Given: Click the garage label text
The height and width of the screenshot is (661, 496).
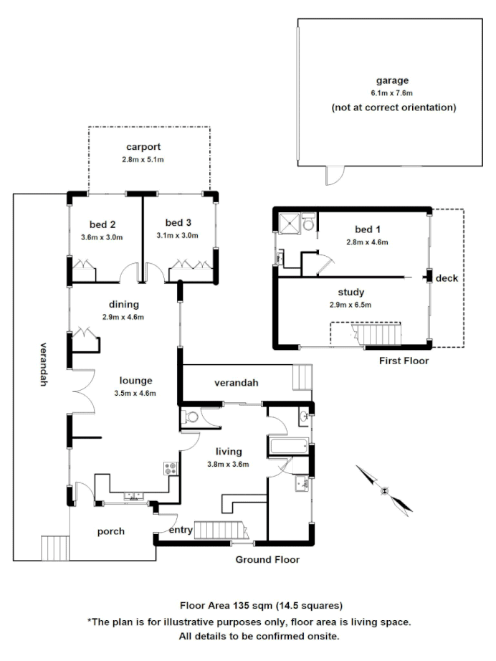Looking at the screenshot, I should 393,80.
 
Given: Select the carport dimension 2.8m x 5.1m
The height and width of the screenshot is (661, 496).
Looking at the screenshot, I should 143,159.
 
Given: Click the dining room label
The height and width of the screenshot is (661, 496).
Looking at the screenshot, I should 124,304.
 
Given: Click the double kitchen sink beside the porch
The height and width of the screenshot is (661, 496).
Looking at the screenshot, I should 133,495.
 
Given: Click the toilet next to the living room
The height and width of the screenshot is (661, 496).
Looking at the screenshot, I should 192,418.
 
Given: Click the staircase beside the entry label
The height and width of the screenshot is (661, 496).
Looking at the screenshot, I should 220,530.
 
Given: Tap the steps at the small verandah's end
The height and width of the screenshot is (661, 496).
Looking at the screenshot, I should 303,376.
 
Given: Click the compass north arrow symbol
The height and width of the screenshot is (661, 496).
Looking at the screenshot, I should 385,490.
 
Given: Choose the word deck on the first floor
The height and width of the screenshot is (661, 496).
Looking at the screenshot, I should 446,278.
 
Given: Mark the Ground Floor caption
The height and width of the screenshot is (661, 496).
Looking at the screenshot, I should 267,559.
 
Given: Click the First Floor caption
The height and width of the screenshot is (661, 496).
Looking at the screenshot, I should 404,361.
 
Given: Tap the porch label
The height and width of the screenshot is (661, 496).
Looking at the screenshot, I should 111,531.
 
